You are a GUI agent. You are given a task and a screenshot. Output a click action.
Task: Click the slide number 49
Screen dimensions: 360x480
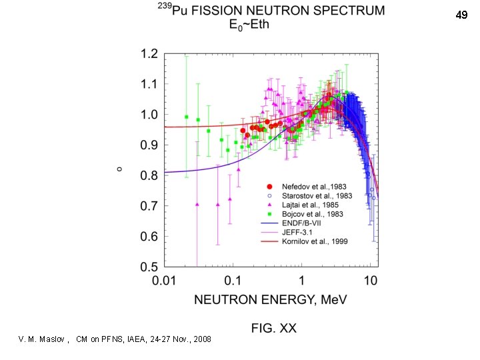coord(461,14)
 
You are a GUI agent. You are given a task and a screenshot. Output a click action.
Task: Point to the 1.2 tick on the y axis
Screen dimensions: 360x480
coord(149,53)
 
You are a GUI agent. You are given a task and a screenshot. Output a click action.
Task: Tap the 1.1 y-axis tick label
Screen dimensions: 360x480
coord(149,84)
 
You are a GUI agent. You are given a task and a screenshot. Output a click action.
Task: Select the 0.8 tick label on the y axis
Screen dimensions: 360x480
coord(149,175)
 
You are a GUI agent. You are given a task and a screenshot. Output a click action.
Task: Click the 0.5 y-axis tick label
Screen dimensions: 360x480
coord(149,267)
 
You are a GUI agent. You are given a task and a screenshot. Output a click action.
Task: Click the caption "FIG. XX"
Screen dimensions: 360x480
coord(273,328)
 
